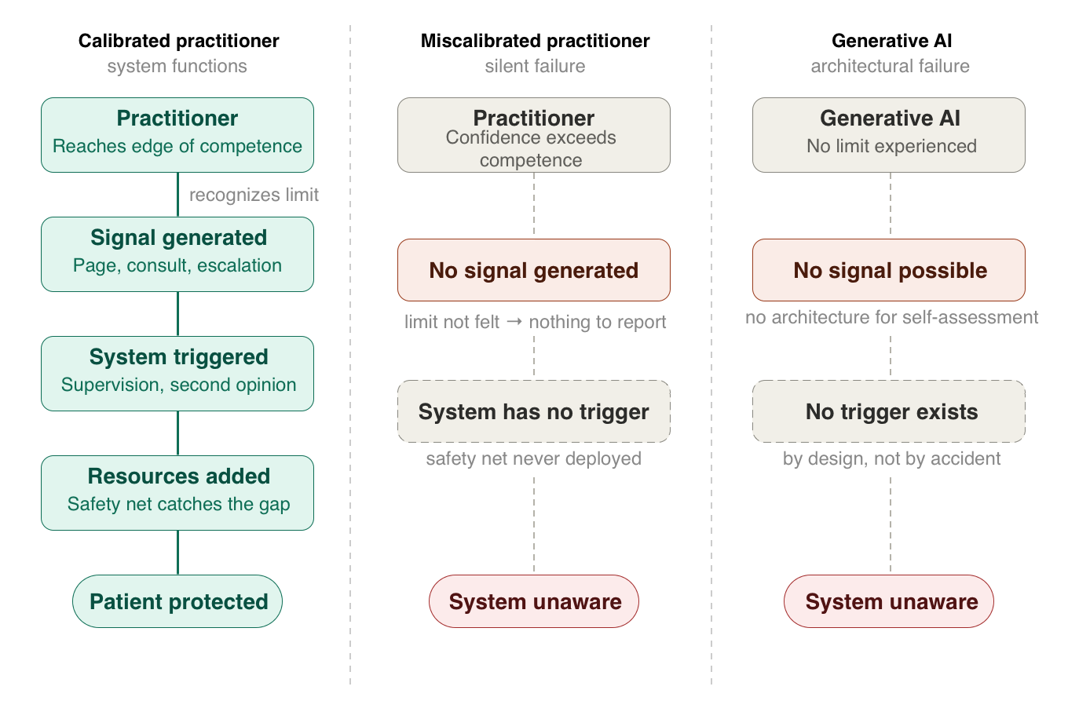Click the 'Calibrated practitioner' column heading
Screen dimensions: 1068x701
178,41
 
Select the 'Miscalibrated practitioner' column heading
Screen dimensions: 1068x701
535,41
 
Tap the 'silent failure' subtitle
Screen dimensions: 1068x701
535,66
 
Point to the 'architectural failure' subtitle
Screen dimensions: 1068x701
891,66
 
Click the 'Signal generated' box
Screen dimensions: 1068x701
177,254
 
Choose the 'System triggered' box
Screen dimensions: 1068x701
177,374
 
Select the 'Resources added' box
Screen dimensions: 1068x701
177,493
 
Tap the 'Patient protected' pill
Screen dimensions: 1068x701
177,601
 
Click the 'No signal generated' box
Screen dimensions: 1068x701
534,270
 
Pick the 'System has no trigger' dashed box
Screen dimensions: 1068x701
534,411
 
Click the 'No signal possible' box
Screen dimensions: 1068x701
889,270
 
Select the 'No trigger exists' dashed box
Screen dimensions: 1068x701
889,411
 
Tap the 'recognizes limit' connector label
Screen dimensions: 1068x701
254,195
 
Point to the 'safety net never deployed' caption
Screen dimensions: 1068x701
533,458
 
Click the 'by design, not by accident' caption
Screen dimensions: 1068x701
891,458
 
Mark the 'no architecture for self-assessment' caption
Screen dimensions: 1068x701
891,317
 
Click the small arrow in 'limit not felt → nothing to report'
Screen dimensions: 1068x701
514,322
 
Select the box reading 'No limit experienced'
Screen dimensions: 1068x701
889,135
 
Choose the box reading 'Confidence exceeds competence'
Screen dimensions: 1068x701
534,135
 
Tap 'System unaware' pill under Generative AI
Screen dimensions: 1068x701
889,601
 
